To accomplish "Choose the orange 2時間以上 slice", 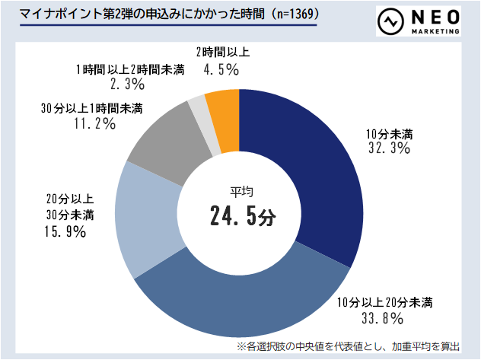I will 224,107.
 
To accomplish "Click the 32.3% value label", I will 389,149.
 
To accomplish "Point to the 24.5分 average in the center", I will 241,216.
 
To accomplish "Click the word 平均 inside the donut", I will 241,190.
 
